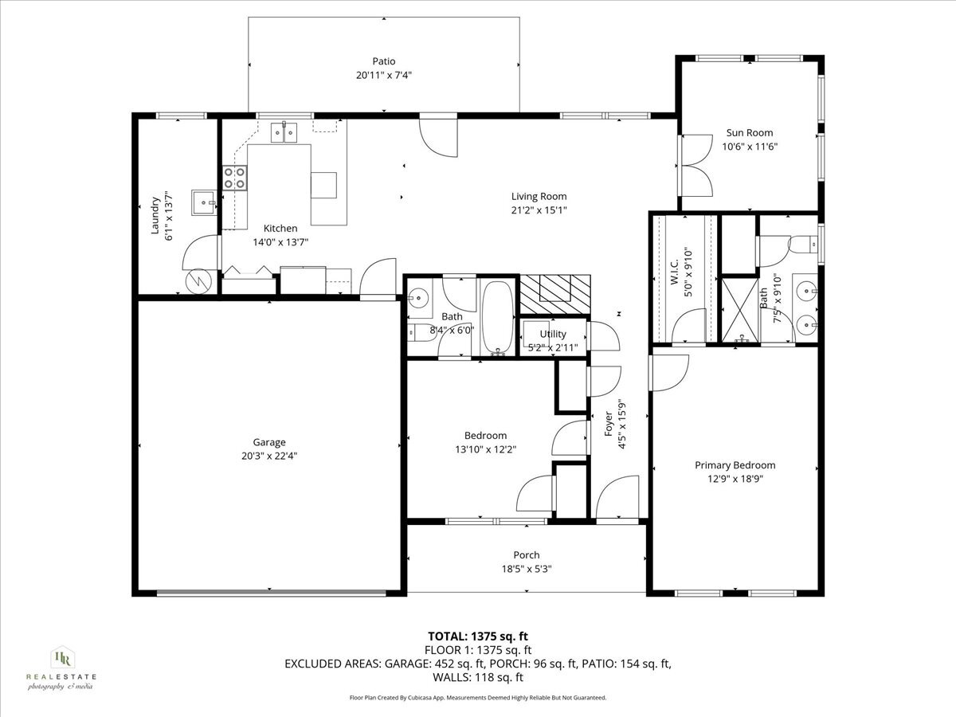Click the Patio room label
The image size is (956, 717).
[x=384, y=61]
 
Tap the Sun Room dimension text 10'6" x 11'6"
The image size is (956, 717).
[x=750, y=147]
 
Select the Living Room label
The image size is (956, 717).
[x=539, y=196]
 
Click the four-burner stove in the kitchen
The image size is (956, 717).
[x=235, y=178]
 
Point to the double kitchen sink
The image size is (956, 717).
[x=284, y=133]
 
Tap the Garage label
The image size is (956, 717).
[x=269, y=442]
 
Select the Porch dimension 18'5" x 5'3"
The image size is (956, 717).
[x=527, y=569]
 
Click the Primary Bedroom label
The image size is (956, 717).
[x=735, y=465]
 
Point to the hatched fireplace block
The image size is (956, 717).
[x=555, y=294]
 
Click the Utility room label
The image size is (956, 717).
[x=553, y=334]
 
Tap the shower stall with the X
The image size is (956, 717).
[x=740, y=310]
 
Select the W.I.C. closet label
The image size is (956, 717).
[x=674, y=272]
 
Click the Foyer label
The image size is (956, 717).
[x=609, y=424]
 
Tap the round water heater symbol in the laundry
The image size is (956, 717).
[x=198, y=282]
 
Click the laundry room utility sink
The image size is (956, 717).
[x=204, y=203]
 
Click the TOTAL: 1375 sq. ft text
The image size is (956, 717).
[x=478, y=637]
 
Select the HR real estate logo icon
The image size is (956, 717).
[x=62, y=659]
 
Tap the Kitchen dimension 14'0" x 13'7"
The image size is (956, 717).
[x=280, y=242]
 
